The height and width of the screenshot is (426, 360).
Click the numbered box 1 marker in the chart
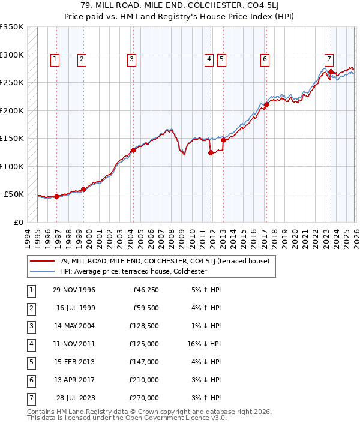[x=55, y=59]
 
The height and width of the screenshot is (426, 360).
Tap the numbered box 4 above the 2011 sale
[x=209, y=59]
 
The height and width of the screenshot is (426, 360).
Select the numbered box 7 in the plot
[x=329, y=59]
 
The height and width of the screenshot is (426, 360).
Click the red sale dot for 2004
[x=133, y=150]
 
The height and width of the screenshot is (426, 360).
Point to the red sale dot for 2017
[x=266, y=104]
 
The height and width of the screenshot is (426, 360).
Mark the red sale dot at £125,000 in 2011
[x=211, y=152]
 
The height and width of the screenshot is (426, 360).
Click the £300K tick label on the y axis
[x=11, y=55]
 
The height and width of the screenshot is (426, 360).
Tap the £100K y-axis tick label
[x=11, y=166]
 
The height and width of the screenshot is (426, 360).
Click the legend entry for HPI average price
[x=133, y=271]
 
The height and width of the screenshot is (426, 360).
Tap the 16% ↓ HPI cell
[x=204, y=344]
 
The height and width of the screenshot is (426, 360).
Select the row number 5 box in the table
[x=31, y=362]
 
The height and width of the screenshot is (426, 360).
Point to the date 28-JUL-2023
[x=75, y=398]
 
